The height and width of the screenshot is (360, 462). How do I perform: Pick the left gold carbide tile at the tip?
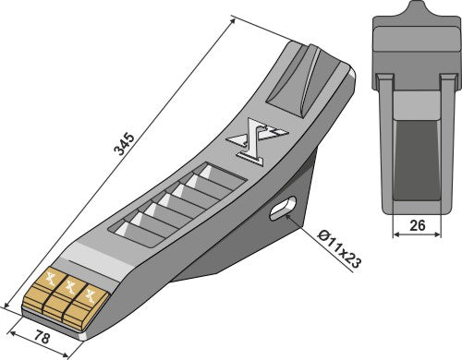point(49,284)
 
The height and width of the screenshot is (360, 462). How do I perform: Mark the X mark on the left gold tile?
point(52,280)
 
